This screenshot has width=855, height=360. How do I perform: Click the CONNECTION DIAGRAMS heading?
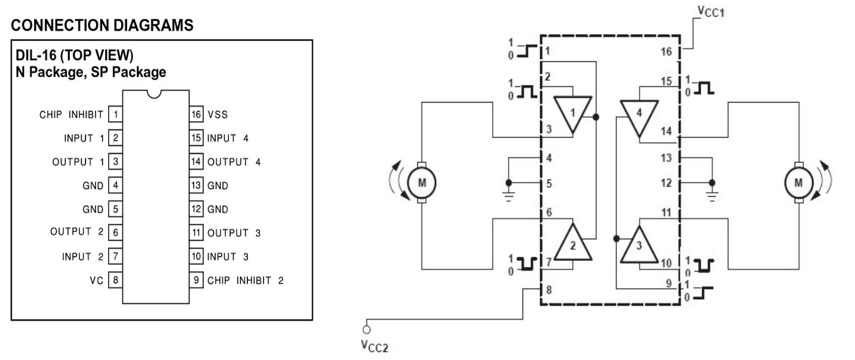pyautogui.click(x=102, y=25)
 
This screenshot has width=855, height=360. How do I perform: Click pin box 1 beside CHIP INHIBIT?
pyautogui.click(x=115, y=114)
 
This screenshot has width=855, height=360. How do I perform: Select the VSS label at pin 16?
pyautogui.click(x=217, y=114)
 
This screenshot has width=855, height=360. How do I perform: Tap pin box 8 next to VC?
pyautogui.click(x=115, y=280)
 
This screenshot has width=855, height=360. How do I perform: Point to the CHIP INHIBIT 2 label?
pyautogui.click(x=245, y=280)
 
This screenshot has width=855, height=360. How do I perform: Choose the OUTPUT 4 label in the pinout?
pyautogui.click(x=234, y=162)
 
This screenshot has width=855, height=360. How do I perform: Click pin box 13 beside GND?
pyautogui.click(x=196, y=185)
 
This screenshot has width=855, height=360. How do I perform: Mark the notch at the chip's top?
pyautogui.click(x=154, y=94)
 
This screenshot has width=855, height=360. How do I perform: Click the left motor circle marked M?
pyautogui.click(x=422, y=183)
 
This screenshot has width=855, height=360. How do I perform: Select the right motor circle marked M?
pyautogui.click(x=798, y=183)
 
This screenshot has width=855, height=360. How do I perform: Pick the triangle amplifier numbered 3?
pyautogui.click(x=639, y=246)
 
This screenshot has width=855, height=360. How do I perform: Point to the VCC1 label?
pyautogui.click(x=711, y=11)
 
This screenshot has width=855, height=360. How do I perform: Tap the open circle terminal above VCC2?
pyautogui.click(x=367, y=330)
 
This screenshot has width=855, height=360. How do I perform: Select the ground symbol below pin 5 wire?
pyautogui.click(x=509, y=196)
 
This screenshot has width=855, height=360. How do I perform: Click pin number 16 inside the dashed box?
pyautogui.click(x=666, y=52)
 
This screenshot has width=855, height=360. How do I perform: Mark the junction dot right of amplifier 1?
pyautogui.click(x=596, y=117)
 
